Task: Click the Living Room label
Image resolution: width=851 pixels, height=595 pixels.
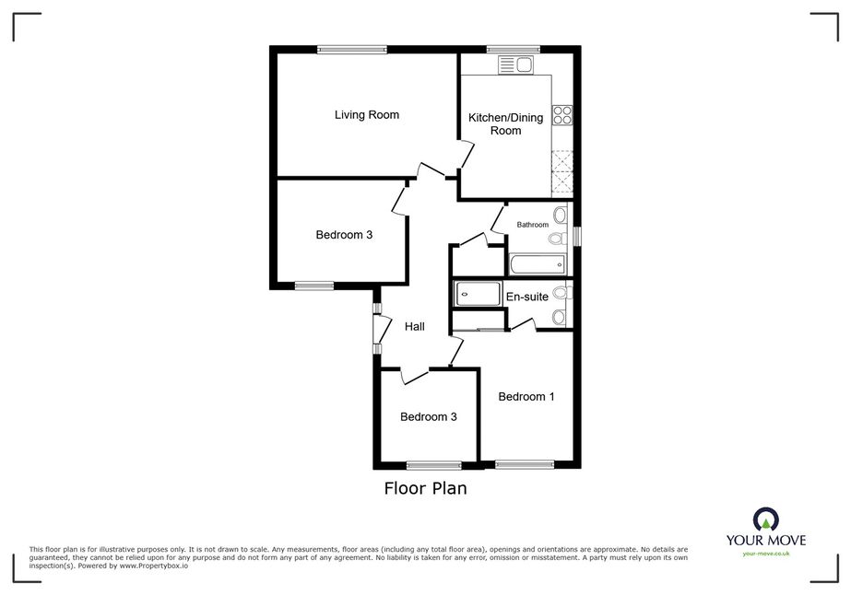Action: (x=366, y=114)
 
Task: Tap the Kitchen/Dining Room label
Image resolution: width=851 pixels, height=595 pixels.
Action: (x=505, y=123)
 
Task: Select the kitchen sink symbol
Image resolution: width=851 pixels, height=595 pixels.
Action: (x=516, y=65)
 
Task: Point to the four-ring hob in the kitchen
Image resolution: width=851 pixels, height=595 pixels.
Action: (x=562, y=115)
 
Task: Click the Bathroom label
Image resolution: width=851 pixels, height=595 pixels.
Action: (x=532, y=225)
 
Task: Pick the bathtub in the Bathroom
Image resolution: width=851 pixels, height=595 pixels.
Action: (x=538, y=265)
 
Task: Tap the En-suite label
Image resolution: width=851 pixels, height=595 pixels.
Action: (x=527, y=297)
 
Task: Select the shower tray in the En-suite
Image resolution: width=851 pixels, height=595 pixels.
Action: (x=478, y=294)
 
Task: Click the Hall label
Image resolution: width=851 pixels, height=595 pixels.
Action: (x=415, y=327)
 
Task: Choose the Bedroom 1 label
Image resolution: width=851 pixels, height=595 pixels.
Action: (x=526, y=396)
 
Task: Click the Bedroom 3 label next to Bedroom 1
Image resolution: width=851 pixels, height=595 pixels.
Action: (x=428, y=416)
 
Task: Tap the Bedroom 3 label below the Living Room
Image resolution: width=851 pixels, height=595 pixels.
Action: (x=344, y=235)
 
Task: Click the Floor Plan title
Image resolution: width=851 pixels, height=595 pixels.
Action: (x=426, y=488)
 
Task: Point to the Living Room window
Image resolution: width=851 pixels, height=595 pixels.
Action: (x=352, y=50)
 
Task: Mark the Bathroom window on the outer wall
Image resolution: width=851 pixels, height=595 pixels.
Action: (x=577, y=236)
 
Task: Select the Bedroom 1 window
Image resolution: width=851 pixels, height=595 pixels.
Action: (x=525, y=464)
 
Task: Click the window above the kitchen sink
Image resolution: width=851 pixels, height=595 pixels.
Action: (x=514, y=50)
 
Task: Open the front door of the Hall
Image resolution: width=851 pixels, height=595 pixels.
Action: (x=383, y=328)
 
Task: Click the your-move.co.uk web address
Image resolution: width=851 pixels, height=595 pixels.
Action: (x=766, y=554)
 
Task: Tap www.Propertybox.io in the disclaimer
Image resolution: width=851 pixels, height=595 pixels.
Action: (x=154, y=566)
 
